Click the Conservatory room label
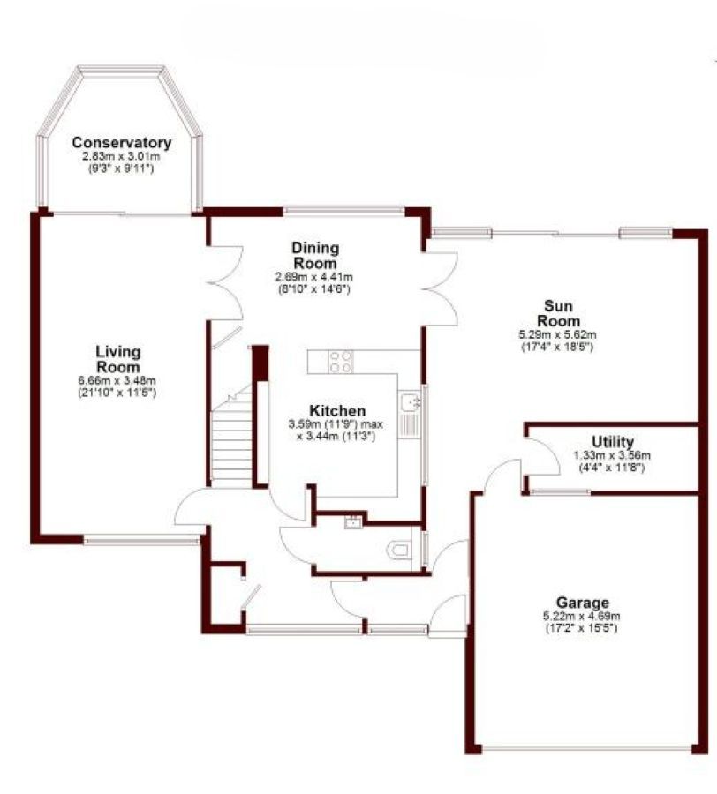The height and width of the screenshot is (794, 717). (122, 142)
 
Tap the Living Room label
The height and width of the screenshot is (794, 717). (118, 358)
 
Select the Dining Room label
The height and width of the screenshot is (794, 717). (315, 255)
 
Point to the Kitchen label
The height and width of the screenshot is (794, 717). (337, 410)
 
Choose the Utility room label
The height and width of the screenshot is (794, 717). (613, 442)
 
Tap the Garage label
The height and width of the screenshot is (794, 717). (582, 603)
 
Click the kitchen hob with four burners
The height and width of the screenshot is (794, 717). (341, 362)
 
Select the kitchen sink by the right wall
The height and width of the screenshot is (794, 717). (411, 416)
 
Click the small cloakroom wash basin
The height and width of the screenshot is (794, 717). (353, 521)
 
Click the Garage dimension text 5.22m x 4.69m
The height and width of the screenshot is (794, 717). (582, 617)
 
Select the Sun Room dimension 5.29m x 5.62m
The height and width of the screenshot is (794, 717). (557, 334)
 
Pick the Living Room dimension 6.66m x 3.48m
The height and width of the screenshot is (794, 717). (117, 380)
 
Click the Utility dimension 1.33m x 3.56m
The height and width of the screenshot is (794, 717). (612, 455)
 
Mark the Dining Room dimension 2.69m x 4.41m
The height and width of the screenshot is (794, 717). (314, 277)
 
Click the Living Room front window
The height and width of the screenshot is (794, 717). (142, 542)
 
